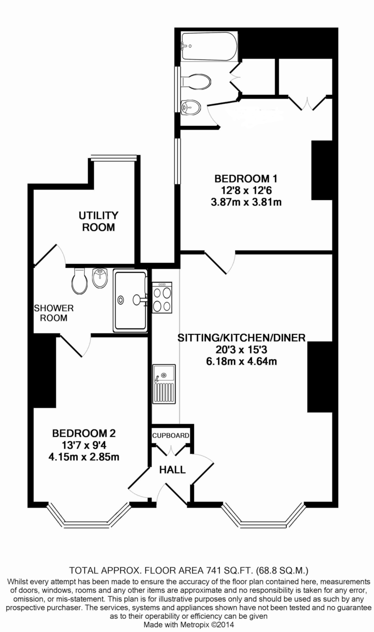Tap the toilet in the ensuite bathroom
196,81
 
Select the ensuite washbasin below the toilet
190,107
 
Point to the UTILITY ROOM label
98,221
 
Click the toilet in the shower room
79,281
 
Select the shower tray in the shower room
130,301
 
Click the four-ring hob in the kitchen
161,299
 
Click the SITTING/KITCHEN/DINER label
241,338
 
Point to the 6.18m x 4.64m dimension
242,361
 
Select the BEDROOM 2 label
84,433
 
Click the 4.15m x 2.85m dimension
84,457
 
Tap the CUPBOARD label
171,436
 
